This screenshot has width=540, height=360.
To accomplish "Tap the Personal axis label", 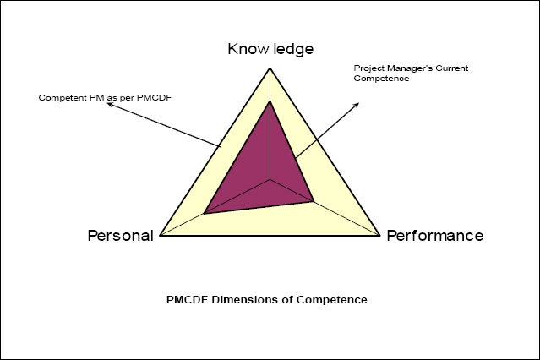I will tap(121, 236).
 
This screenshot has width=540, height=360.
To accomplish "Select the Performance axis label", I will tap(434, 236).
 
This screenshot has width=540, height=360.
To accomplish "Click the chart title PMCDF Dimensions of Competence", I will tap(268, 299).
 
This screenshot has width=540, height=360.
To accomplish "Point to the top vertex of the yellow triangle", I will tap(270, 68).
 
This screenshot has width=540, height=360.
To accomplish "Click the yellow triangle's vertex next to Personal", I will tap(159, 236).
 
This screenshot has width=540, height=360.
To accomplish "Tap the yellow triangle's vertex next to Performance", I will tap(380, 236).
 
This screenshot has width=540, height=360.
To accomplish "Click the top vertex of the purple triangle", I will tap(270, 101).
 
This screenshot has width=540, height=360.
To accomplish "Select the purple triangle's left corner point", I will tap(205, 214).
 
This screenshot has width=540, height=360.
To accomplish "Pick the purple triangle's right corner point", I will tap(314, 201).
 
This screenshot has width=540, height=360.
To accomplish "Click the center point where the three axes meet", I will tap(270, 179).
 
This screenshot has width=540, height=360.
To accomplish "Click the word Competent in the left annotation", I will tap(60, 97).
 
